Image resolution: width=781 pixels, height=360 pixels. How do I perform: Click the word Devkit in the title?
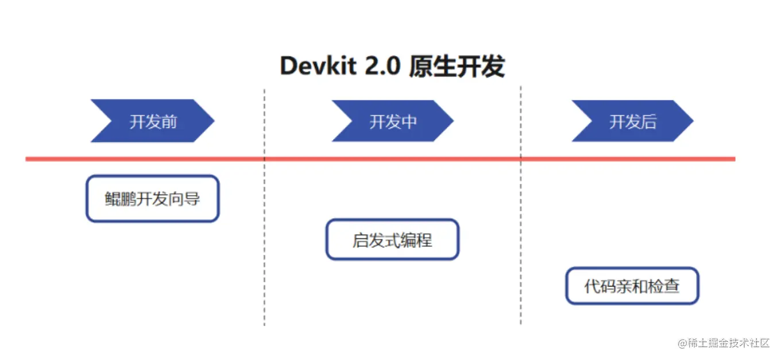[318, 67]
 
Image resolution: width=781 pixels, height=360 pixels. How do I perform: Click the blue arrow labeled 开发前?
[152, 121]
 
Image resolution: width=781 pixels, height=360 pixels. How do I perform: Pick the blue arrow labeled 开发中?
[392, 121]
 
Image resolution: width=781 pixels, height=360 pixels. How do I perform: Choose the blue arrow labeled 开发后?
[632, 121]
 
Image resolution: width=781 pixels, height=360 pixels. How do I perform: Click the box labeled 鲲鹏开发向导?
[152, 199]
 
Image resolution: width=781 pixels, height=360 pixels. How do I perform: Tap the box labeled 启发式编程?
[392, 239]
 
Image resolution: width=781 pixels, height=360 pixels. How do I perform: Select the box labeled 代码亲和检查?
[632, 286]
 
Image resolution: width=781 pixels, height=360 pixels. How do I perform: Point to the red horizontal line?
[379, 158]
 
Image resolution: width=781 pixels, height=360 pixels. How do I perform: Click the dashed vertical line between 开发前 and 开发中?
[264, 241]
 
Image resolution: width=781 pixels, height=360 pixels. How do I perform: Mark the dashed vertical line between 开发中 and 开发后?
[521, 241]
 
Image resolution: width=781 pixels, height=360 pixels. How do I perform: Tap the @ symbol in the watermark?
[682, 343]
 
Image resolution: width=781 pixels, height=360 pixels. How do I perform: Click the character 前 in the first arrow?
[169, 122]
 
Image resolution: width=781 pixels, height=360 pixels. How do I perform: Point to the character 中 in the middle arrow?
[409, 122]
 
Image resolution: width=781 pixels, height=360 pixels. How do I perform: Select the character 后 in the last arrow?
[648, 122]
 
